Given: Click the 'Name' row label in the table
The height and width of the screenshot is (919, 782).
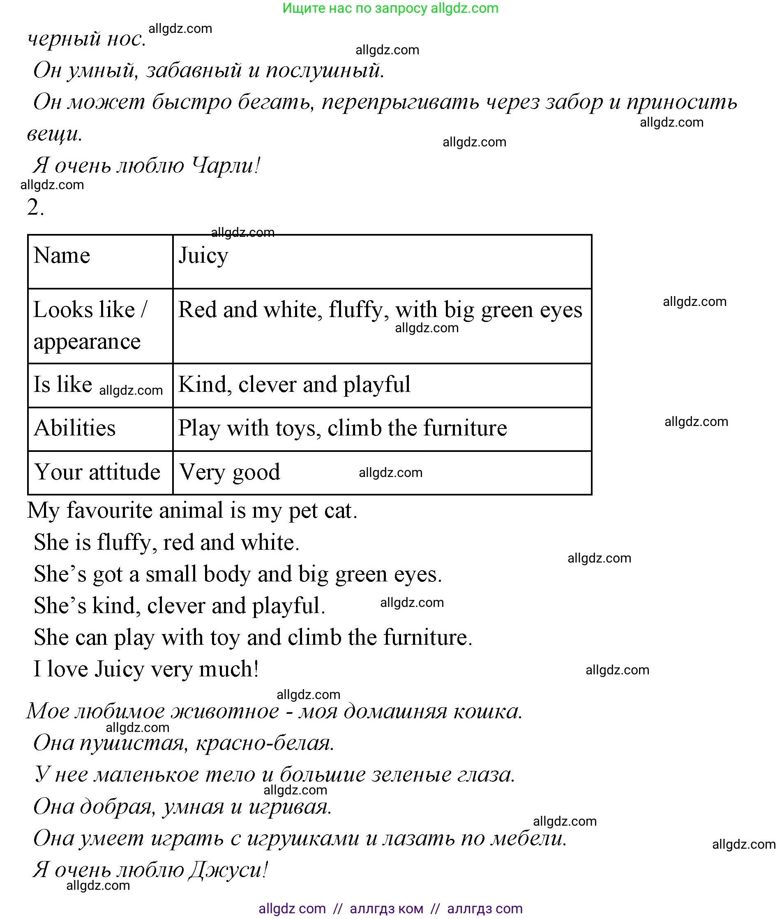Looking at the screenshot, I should pyautogui.click(x=62, y=255).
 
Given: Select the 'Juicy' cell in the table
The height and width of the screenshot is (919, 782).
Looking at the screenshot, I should pyautogui.click(x=203, y=256).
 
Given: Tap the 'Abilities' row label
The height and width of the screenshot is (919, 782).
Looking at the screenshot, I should pyautogui.click(x=74, y=428).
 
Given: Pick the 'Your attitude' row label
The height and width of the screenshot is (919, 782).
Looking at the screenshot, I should pyautogui.click(x=97, y=472).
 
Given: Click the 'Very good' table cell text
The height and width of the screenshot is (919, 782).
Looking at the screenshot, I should pyautogui.click(x=230, y=472).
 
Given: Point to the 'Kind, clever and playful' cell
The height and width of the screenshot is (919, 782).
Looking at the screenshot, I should pyautogui.click(x=294, y=384).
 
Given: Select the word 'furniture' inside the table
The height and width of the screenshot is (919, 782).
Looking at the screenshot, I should pyautogui.click(x=465, y=428).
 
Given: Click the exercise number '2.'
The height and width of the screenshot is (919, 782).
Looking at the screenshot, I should pyautogui.click(x=35, y=207).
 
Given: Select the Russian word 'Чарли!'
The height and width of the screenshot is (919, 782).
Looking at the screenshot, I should pyautogui.click(x=226, y=166).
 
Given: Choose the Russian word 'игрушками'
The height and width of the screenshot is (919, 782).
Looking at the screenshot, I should pyautogui.click(x=303, y=838).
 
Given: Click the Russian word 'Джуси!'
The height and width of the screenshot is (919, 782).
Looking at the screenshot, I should pyautogui.click(x=228, y=870).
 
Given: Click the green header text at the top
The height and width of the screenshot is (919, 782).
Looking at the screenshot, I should pyautogui.click(x=390, y=8).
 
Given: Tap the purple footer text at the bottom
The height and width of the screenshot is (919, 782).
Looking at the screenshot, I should pyautogui.click(x=390, y=908).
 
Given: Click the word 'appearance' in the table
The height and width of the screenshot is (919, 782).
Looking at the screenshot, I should pyautogui.click(x=87, y=342).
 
